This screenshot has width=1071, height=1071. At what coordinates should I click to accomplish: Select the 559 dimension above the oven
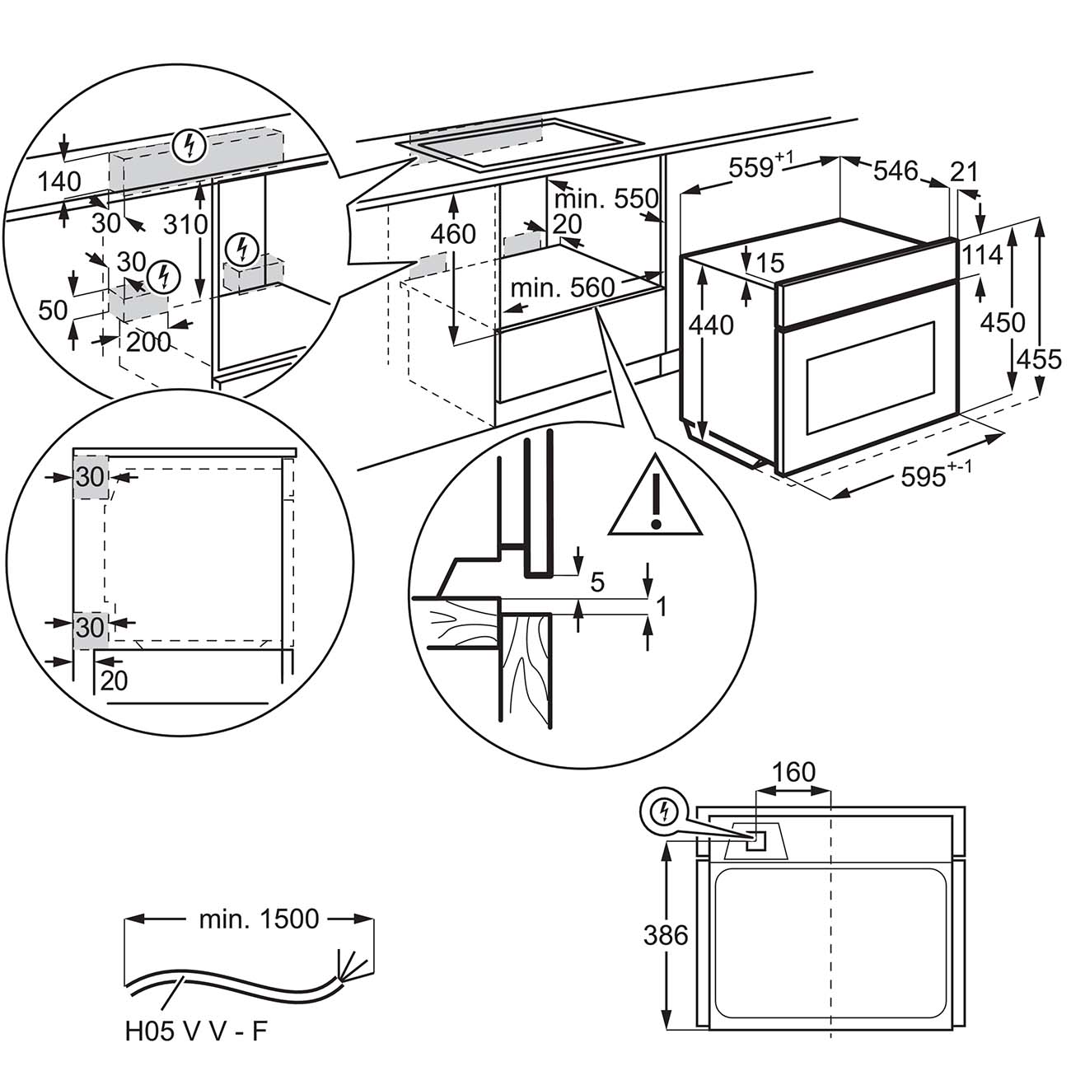751,168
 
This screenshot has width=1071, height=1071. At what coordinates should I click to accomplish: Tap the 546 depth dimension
895,171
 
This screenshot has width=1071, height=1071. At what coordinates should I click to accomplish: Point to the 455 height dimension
1038,359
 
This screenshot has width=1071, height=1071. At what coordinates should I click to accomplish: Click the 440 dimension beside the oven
712,325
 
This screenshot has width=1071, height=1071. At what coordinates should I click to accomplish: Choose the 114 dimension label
982,255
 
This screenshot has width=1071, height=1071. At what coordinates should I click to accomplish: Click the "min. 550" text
606,199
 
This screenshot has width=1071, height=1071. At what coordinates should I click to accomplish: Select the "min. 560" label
563,288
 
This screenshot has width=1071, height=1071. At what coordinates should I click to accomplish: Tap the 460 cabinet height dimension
454,234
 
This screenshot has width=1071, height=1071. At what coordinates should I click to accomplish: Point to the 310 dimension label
185,223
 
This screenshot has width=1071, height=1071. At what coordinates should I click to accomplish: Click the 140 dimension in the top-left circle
59,181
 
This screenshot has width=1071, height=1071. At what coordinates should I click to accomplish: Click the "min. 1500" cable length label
259,919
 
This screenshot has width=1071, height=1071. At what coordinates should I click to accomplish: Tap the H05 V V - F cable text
197,1031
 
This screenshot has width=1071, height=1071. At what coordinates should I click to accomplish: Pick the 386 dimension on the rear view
666,935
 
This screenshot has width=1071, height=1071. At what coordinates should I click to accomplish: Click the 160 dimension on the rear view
794,773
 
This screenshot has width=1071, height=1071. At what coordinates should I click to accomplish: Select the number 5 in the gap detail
597,582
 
